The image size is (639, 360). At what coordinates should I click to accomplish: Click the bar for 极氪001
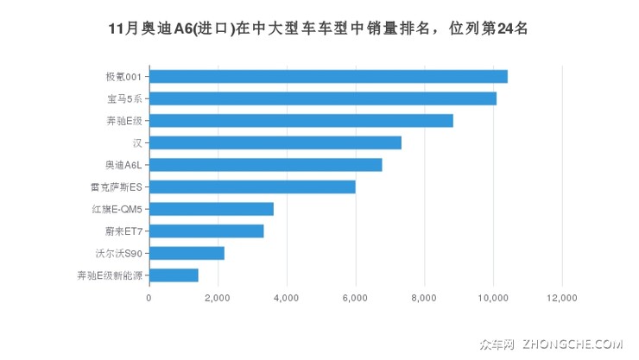click(x=328, y=76)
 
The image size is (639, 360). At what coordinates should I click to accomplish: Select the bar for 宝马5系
click(x=322, y=98)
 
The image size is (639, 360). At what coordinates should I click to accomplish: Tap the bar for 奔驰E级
click(x=301, y=121)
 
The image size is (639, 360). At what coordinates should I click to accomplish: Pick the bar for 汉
click(x=275, y=142)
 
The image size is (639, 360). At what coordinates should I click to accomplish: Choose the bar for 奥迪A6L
click(x=265, y=165)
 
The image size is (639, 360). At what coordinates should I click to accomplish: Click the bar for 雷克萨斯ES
click(x=252, y=186)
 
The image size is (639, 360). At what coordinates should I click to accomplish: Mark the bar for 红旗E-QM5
click(x=212, y=209)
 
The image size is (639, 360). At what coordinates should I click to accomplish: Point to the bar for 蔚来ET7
click(x=206, y=231)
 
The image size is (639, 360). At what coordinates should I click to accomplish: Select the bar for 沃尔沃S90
click(x=187, y=253)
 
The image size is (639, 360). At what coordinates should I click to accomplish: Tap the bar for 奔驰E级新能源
click(x=174, y=275)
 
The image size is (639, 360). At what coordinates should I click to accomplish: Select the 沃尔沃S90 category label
click(x=118, y=253)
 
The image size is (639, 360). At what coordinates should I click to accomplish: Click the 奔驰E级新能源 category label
click(x=109, y=275)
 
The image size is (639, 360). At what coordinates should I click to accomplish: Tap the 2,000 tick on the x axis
click(x=218, y=298)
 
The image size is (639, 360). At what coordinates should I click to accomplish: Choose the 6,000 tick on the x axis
click(x=355, y=298)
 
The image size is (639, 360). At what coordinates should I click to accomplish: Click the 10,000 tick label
click(x=493, y=298)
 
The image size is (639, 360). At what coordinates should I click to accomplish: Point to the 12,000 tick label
click(x=562, y=298)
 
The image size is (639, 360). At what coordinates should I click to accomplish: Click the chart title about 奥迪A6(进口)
click(x=319, y=28)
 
